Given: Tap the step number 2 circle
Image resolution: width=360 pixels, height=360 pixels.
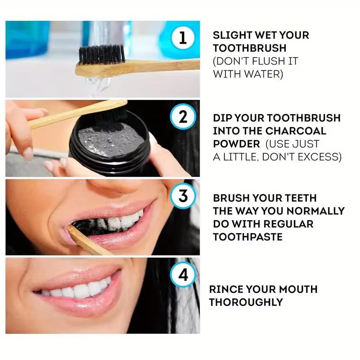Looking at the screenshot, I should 183,117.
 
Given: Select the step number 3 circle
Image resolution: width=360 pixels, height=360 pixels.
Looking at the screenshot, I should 183,196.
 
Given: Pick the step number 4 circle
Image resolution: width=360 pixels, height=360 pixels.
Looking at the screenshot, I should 183,275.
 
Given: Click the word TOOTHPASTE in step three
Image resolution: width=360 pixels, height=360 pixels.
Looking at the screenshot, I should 247,237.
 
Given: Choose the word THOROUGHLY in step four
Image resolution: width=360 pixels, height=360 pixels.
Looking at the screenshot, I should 246,302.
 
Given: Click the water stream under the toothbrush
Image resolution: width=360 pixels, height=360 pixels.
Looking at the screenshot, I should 94,83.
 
